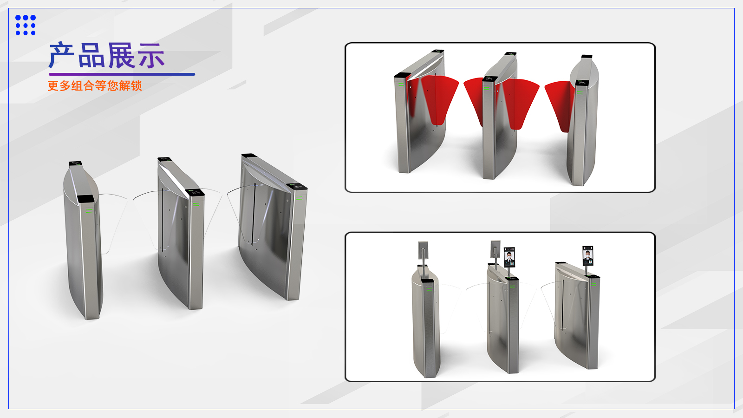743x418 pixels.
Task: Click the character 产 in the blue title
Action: click(62, 55)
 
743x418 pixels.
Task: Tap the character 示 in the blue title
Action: click(151, 55)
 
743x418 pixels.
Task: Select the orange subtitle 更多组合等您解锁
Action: click(95, 85)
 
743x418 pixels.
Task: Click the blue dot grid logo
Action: click(26, 25)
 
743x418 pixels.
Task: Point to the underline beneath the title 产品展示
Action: click(122, 74)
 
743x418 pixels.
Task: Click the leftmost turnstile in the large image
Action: click(83, 241)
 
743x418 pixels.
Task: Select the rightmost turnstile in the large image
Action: click(273, 227)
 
